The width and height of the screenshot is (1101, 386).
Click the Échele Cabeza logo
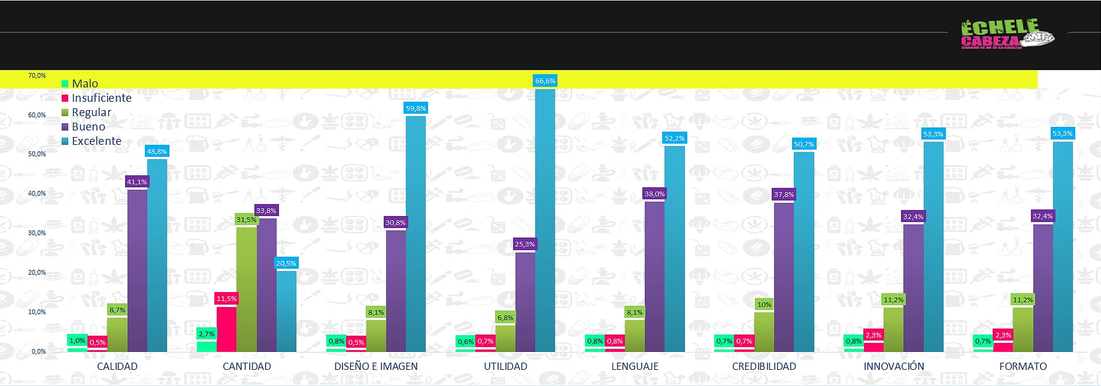coord(1006,34)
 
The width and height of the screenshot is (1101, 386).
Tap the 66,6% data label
coord(545,81)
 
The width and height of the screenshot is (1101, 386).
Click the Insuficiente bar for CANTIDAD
coord(226,329)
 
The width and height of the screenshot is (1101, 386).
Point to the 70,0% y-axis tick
coord(37,76)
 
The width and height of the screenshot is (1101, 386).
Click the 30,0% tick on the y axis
coord(37,233)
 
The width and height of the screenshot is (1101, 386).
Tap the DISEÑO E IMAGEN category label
coord(376,366)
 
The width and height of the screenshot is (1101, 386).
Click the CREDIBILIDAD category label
coord(764,366)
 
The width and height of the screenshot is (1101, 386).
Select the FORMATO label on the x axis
coord(1023,366)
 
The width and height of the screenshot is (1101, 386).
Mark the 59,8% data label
coord(415,108)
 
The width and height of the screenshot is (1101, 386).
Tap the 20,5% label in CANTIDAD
coord(286,263)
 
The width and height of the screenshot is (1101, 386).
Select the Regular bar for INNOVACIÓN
coord(893,329)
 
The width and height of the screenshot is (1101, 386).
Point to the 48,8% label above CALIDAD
coord(157,151)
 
